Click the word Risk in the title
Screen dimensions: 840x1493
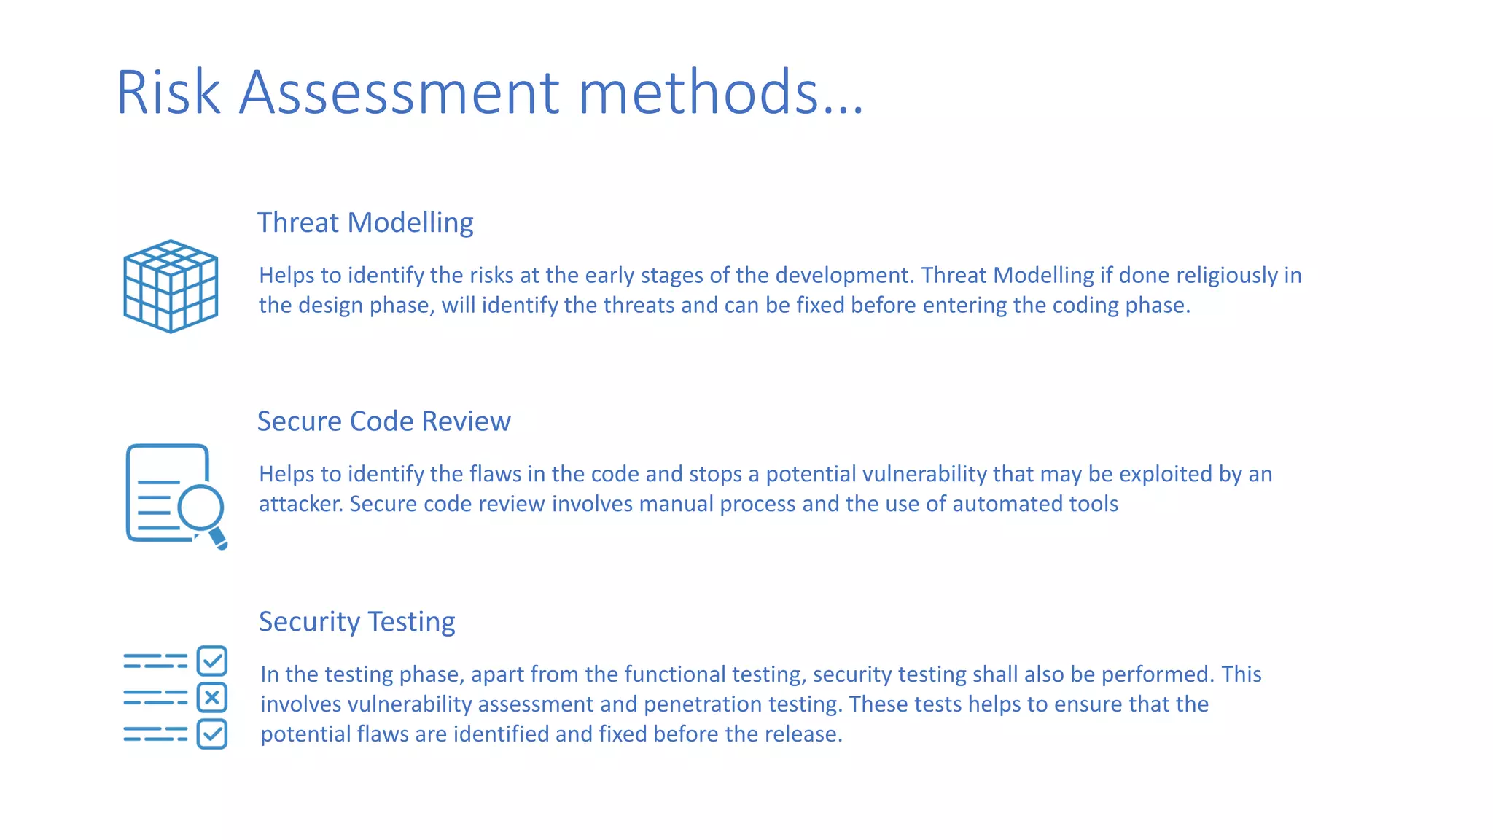coord(168,92)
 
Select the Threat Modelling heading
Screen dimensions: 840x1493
coord(365,222)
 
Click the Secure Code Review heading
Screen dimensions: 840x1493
coord(383,421)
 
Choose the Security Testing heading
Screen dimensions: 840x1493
coord(356,621)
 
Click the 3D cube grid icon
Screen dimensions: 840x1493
coord(171,286)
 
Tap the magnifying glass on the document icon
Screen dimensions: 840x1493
coord(201,507)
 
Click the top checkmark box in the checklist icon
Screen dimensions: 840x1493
coord(212,661)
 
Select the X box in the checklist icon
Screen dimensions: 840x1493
coord(212,698)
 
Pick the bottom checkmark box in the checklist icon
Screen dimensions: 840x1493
coord(212,734)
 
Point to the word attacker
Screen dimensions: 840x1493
coord(300,504)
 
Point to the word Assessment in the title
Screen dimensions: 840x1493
coord(399,92)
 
